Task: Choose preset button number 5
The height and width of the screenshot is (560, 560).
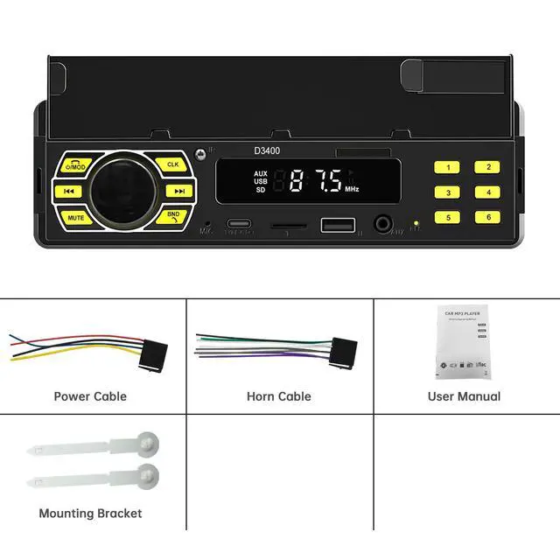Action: (448, 217)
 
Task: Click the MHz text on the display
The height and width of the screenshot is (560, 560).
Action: (352, 189)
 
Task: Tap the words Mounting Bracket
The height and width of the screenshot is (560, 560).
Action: (90, 513)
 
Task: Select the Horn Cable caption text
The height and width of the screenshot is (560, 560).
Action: (279, 396)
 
